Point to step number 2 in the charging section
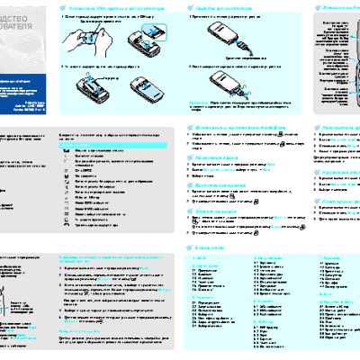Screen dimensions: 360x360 [x=191, y=67]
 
